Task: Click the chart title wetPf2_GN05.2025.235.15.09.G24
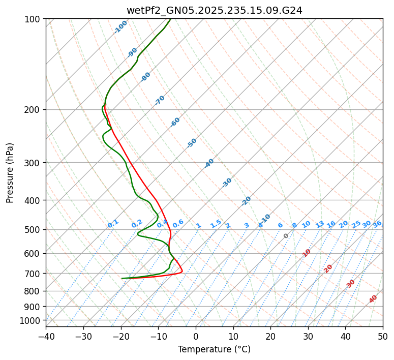point(214,10)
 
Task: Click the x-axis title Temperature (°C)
point(214,350)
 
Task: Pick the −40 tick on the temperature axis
point(46,336)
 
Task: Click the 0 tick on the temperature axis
point(196,336)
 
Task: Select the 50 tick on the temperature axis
point(383,336)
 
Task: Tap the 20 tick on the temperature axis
point(270,336)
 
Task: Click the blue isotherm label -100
point(120,27)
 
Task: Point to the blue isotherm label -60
point(175,122)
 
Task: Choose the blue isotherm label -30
point(227,183)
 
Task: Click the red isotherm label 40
point(373,299)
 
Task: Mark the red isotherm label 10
point(307,253)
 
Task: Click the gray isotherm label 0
point(286,236)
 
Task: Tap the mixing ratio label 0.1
point(113,224)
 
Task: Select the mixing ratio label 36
point(377,224)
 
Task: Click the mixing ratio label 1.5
point(216,224)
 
